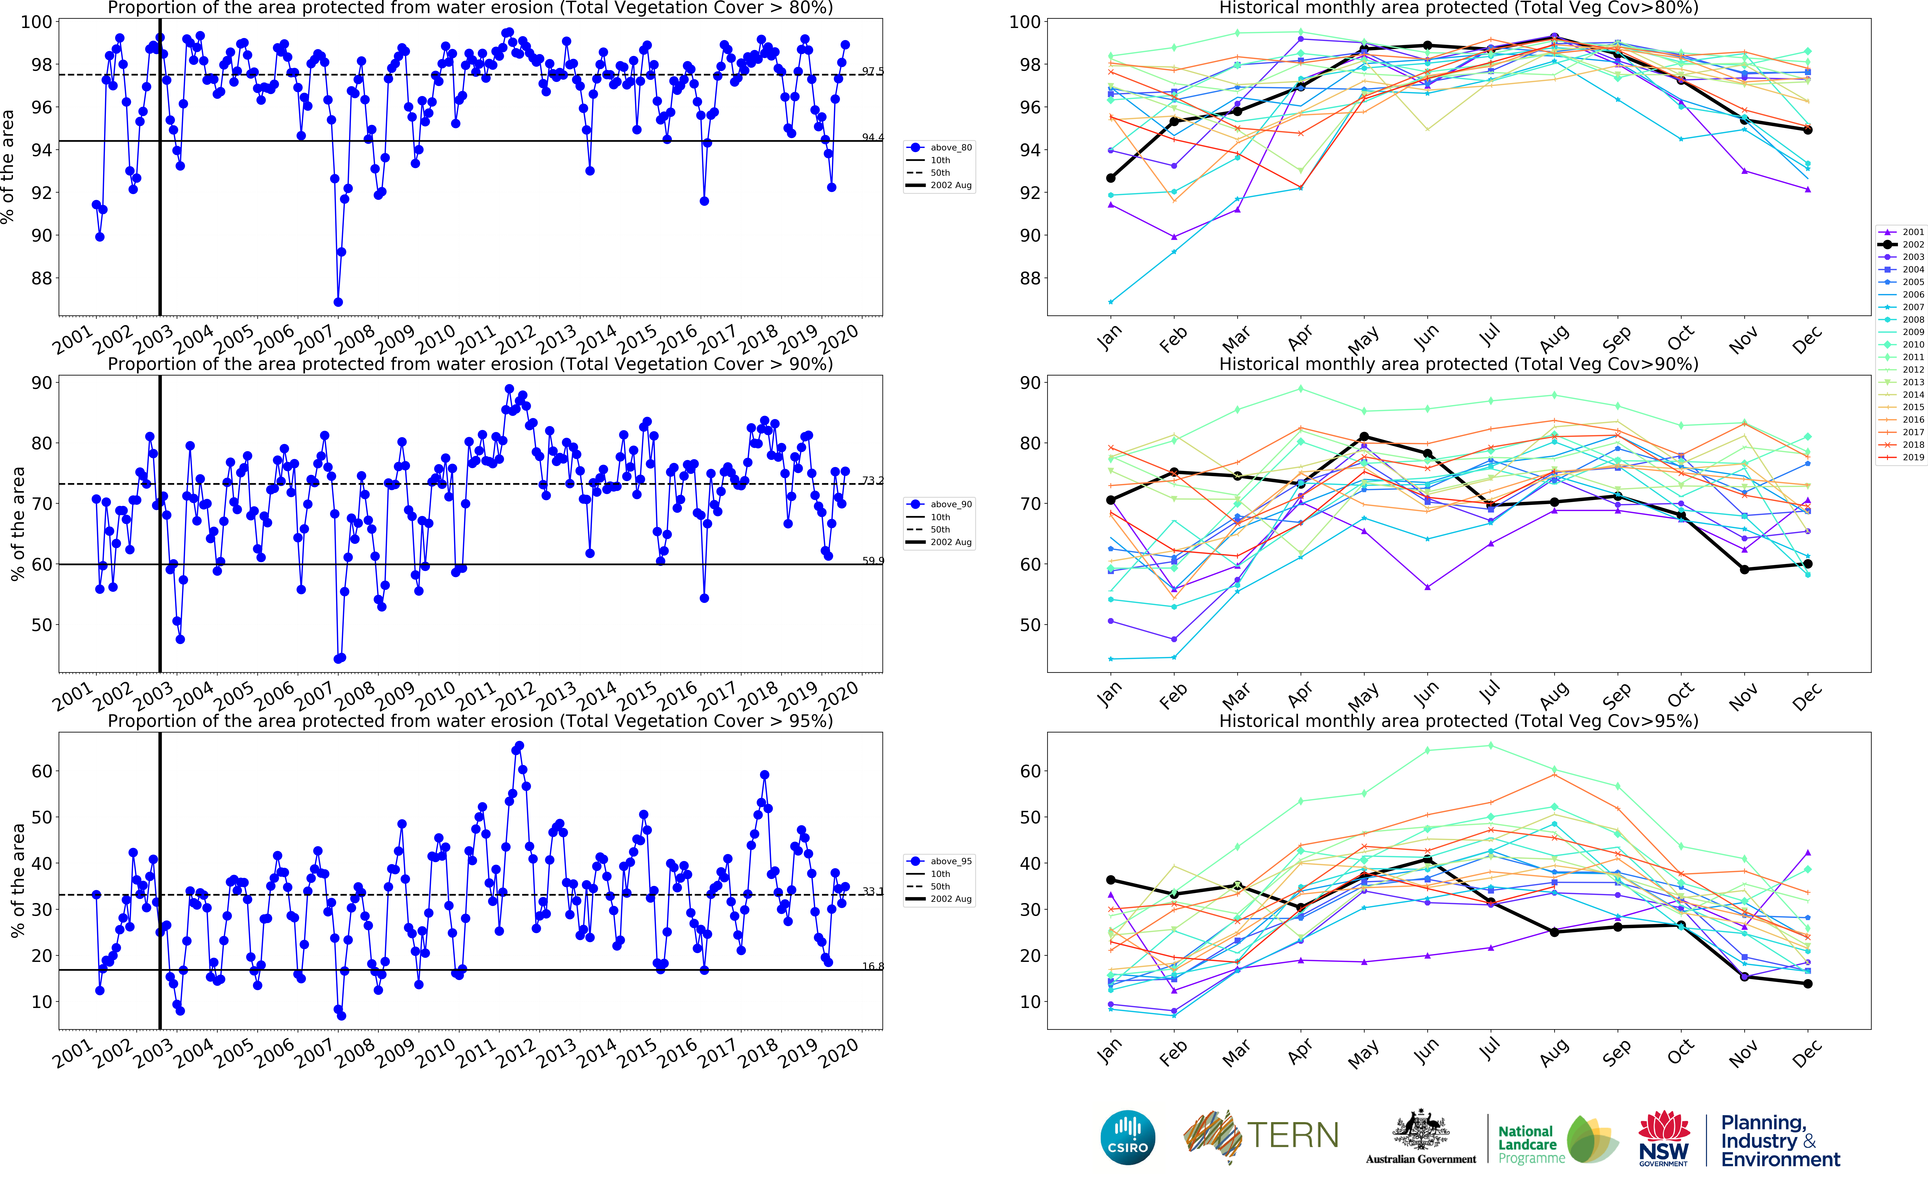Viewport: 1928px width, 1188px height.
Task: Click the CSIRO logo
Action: click(1128, 1137)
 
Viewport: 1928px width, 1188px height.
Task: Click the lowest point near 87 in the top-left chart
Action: click(338, 302)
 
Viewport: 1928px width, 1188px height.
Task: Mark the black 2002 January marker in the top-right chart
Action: click(1111, 178)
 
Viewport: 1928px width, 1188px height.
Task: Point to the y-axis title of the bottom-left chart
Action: click(17, 880)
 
